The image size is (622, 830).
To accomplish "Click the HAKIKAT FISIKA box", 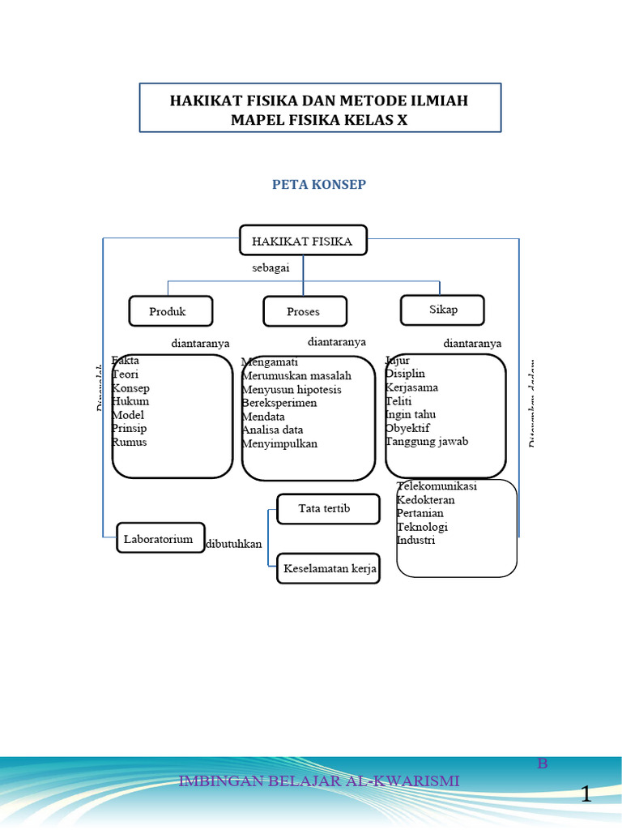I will pos(303,241).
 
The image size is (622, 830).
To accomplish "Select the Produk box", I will pos(170,311).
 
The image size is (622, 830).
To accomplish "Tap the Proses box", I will pos(304,311).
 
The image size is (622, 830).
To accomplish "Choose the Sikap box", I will pos(442,310).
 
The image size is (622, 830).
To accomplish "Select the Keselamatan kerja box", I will pos(330,569).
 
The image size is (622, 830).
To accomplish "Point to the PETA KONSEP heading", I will pos(319,185).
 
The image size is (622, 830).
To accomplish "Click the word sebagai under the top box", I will pos(271,267).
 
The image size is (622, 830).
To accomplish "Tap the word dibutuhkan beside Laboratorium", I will pos(234,544).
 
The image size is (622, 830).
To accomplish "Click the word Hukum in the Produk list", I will pos(130,401).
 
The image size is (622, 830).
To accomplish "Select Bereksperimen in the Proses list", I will pos(279,403).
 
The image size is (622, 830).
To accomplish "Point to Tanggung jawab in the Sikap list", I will pos(427,442).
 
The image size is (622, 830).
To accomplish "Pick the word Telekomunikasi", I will pos(437,486).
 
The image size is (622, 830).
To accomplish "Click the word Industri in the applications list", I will pos(416,540).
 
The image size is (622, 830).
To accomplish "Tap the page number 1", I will pos(586,794).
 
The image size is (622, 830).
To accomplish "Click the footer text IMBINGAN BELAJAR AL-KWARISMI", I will pos(318,781).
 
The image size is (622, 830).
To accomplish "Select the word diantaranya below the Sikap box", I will pos(472,343).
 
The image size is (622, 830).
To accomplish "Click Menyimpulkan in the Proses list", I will pos(279,443).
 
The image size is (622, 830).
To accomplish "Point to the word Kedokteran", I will pos(426,500).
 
